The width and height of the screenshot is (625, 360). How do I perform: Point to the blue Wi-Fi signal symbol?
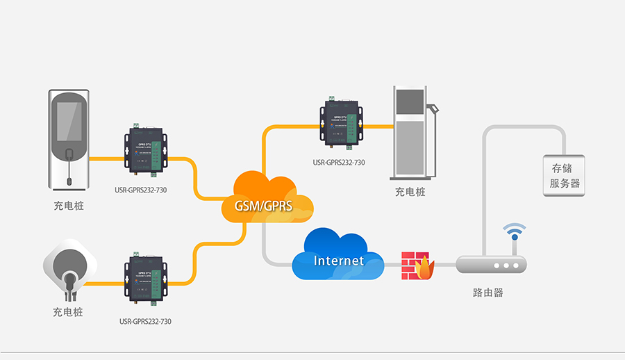point(515,231)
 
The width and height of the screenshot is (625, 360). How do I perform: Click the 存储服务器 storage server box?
point(564,176)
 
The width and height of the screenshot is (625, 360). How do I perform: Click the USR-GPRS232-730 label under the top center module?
point(339,163)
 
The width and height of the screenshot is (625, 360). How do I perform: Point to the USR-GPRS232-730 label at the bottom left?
point(145,322)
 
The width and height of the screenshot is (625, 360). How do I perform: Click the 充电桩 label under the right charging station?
point(410,192)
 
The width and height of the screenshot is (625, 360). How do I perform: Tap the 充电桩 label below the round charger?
point(68,312)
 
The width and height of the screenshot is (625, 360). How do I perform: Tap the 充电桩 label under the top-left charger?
point(68,206)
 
